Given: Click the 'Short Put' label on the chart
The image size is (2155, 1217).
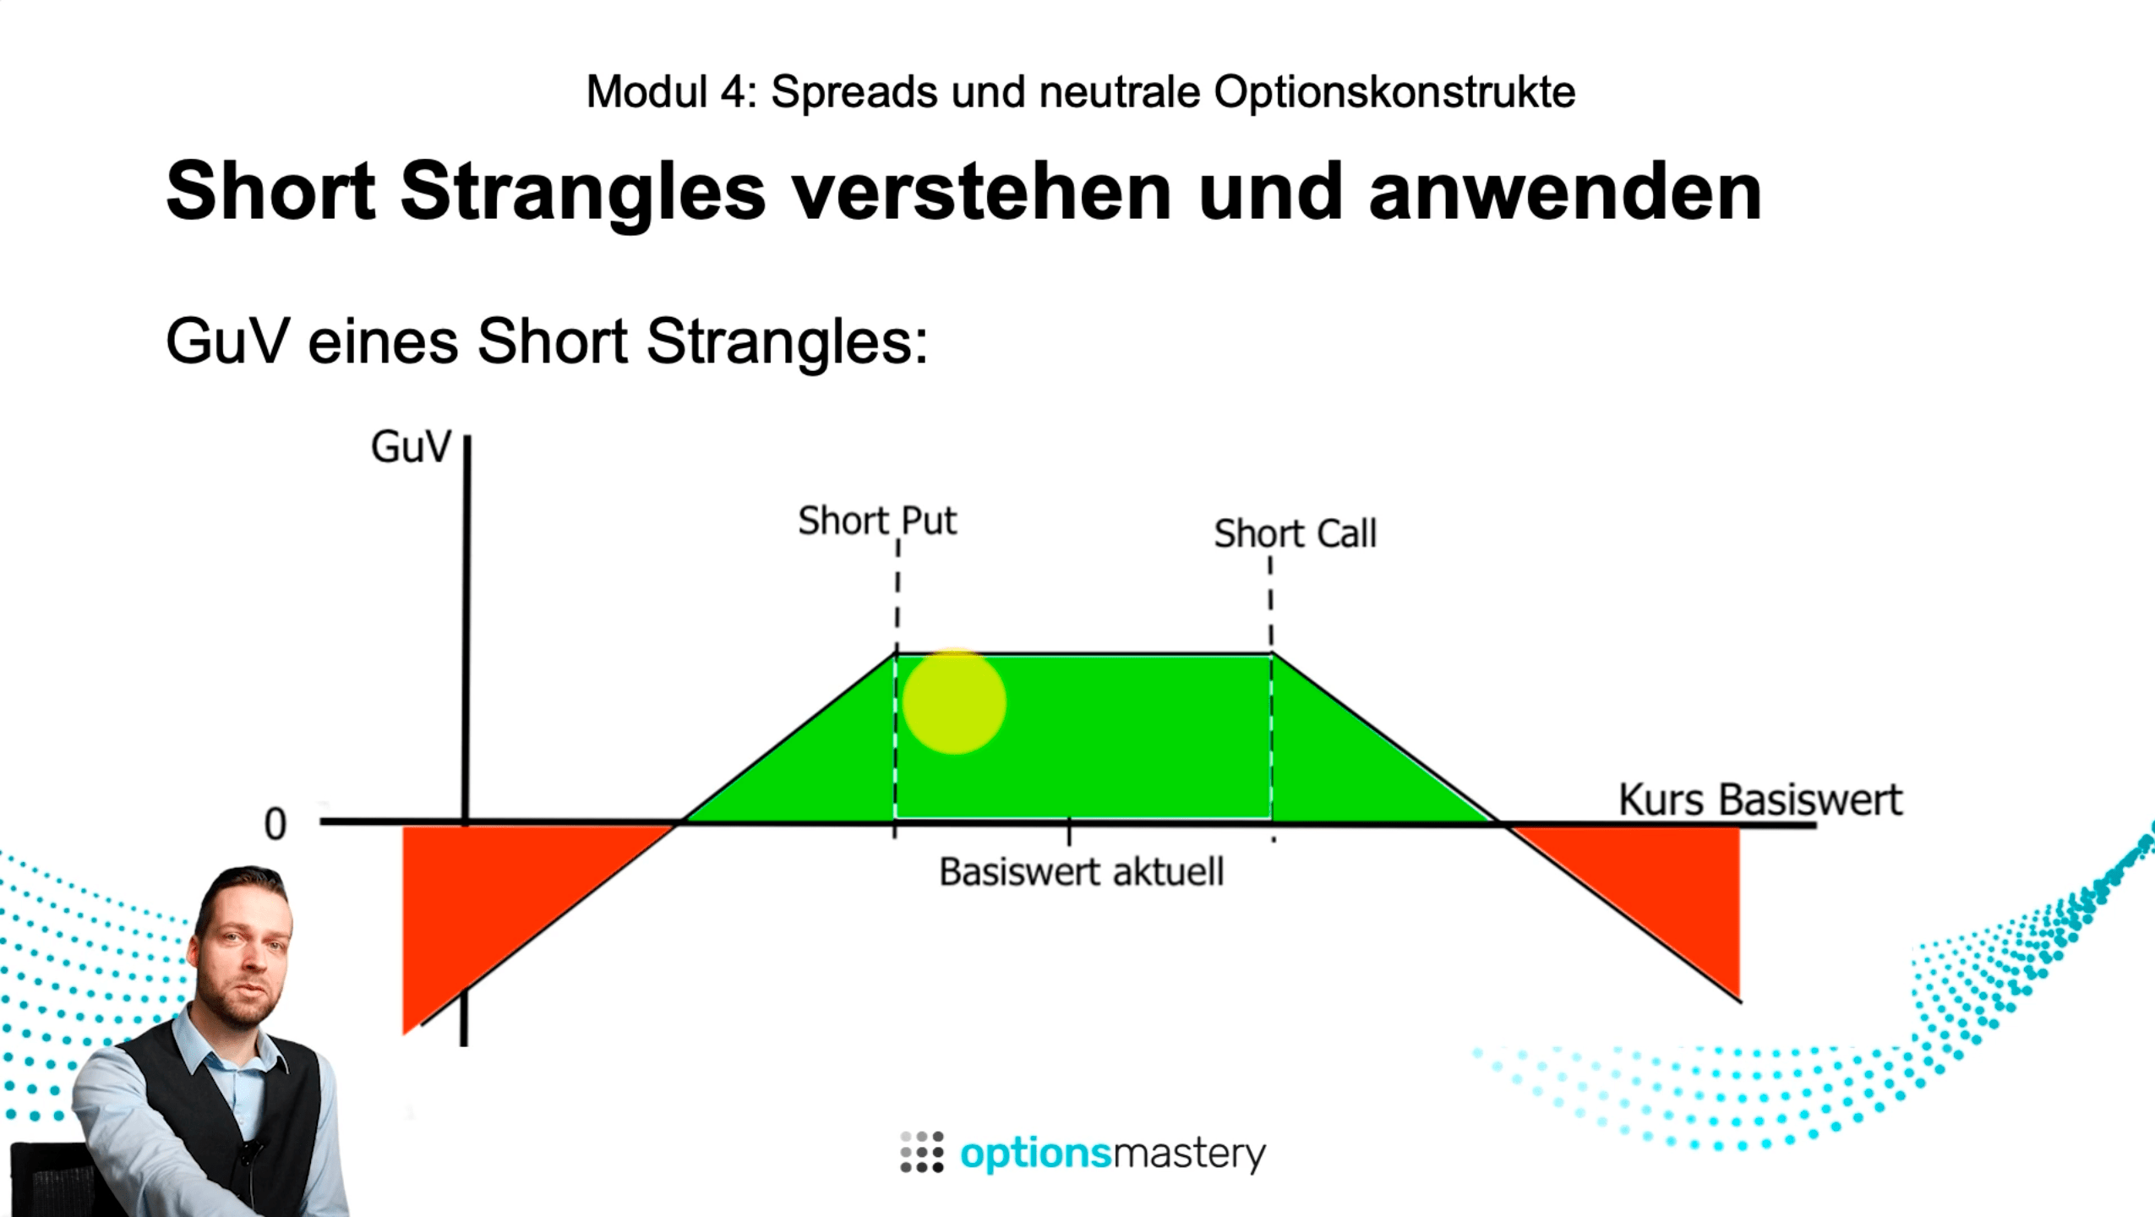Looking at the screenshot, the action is [877, 521].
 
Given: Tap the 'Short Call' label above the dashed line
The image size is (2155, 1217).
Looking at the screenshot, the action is [1296, 533].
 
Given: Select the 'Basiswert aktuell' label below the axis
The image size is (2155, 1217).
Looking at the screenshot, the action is [1081, 871].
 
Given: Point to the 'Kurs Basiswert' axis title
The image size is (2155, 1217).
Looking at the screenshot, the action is [1760, 800].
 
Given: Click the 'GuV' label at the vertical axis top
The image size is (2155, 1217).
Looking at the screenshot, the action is [412, 447].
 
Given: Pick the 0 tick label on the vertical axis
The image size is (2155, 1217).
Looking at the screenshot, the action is [276, 824].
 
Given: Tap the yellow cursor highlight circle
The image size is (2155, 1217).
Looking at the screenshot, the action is [954, 701].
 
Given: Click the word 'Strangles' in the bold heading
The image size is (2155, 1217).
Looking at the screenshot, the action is [583, 192].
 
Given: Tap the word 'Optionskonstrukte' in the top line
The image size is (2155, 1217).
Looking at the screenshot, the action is [1394, 91].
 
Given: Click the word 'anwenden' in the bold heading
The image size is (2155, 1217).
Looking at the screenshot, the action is [1565, 192].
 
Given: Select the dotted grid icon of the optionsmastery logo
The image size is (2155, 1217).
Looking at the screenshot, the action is [922, 1152].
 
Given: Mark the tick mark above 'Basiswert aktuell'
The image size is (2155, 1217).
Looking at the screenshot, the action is [1069, 832].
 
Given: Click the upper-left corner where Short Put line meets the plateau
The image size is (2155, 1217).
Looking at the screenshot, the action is [897, 652].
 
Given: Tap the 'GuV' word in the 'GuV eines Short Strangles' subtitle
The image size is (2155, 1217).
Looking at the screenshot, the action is [226, 342].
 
